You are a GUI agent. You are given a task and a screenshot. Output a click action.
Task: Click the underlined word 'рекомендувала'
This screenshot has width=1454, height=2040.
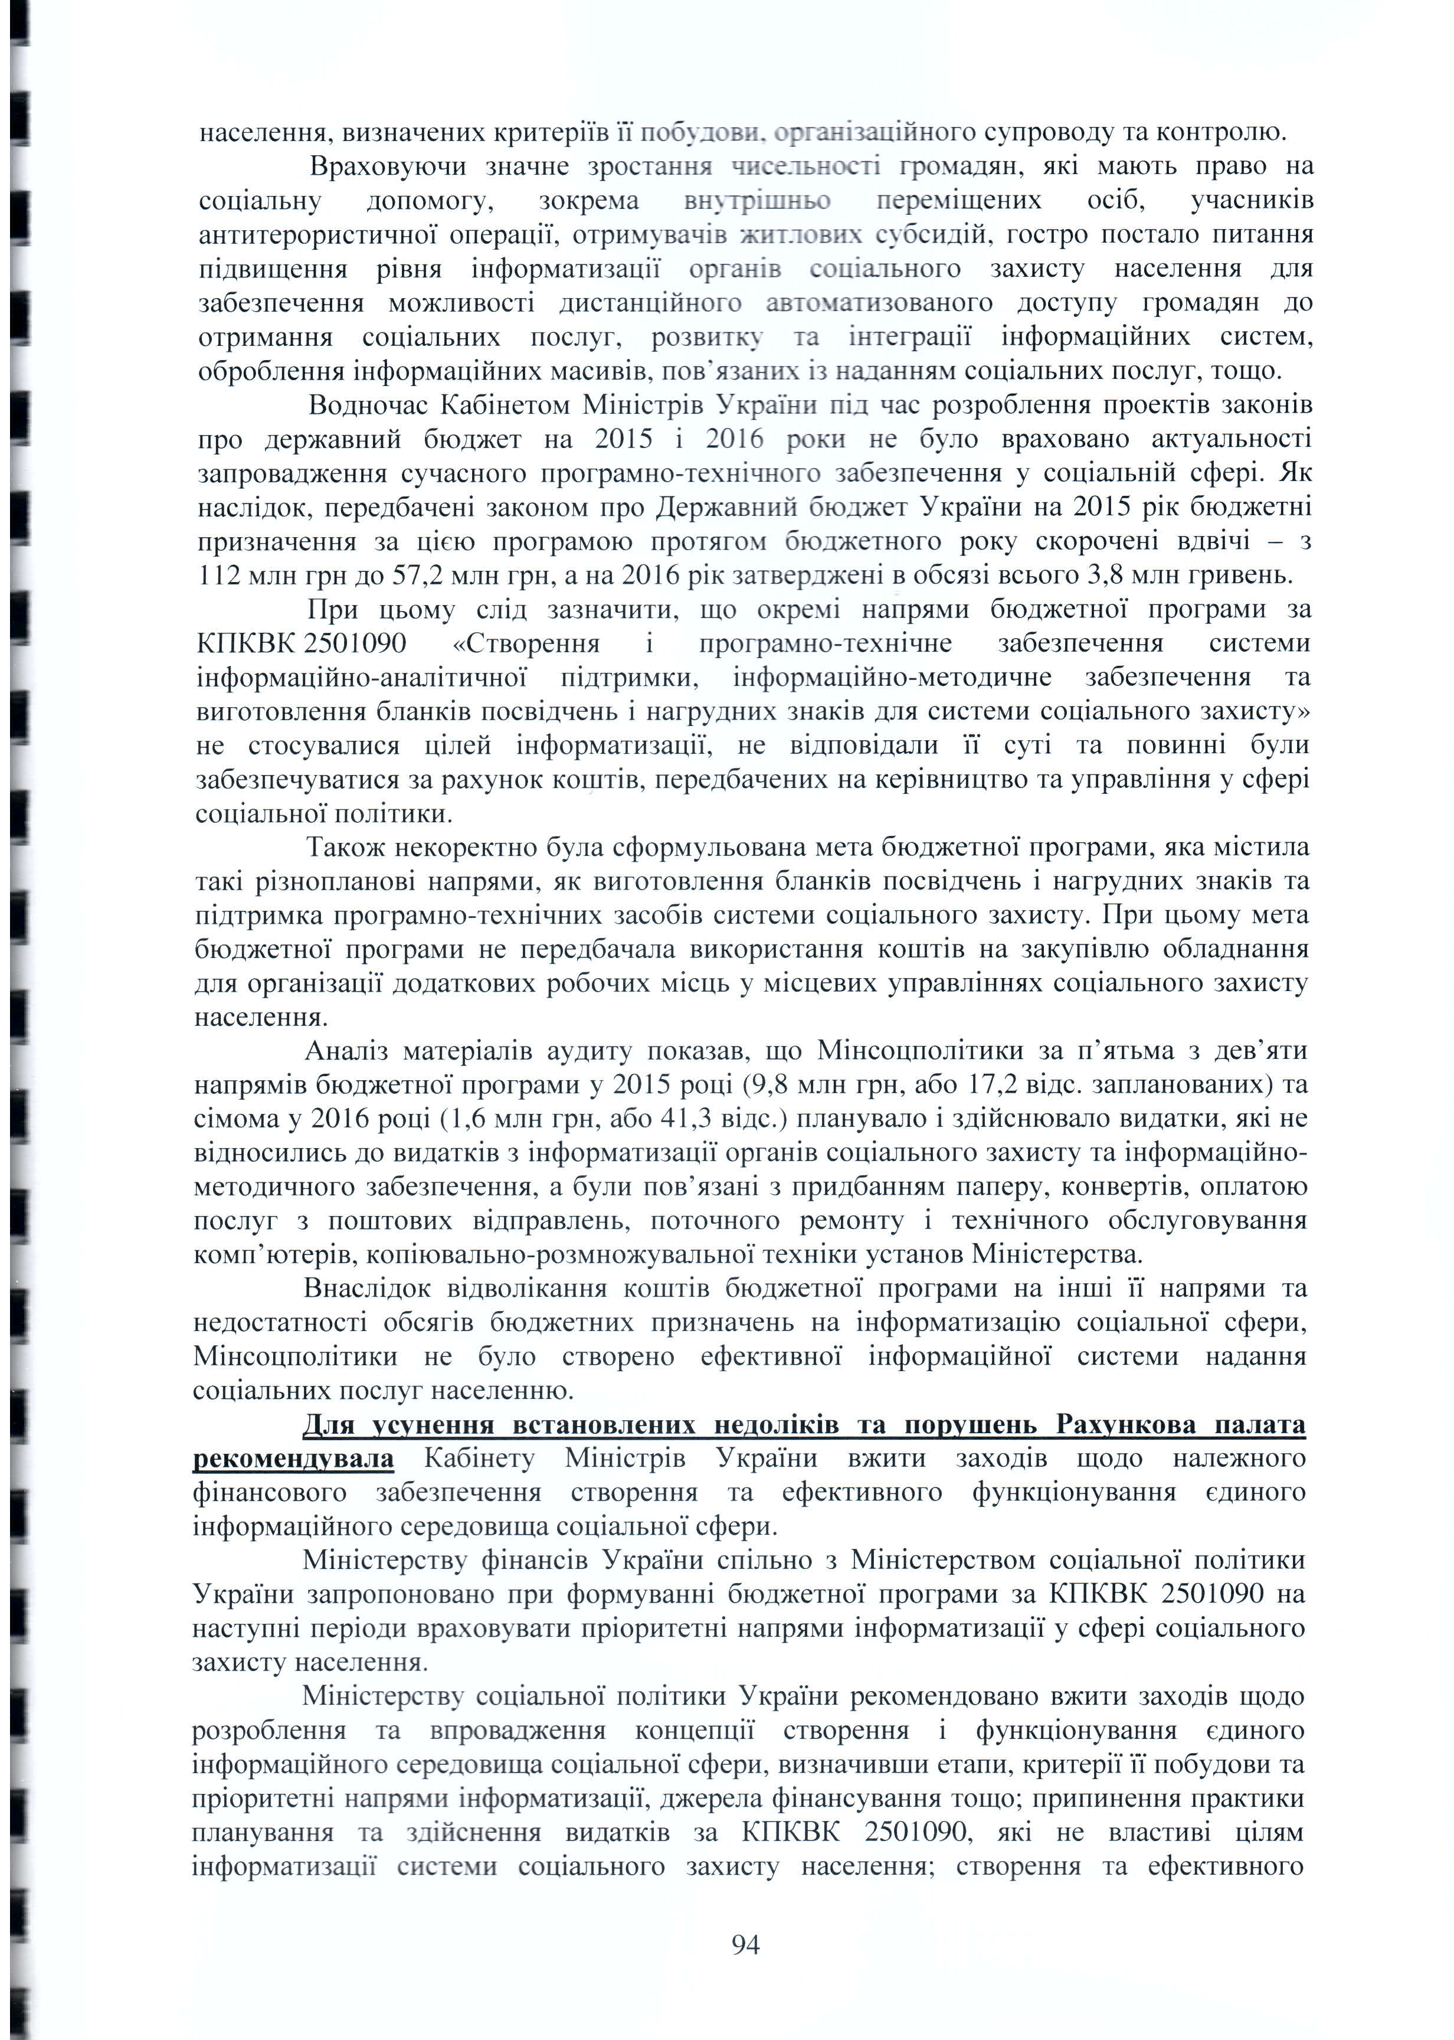coord(294,1459)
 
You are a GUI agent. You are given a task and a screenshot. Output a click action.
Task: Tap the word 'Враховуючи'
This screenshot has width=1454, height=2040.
coord(388,166)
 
